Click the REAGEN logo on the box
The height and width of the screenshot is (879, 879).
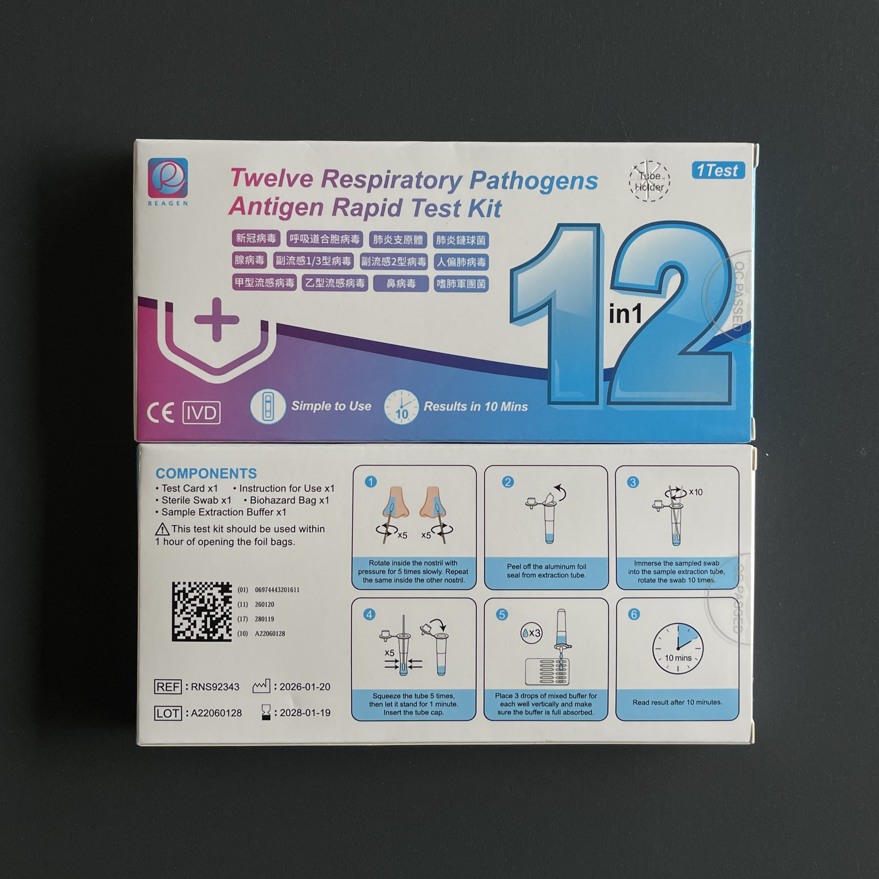(167, 182)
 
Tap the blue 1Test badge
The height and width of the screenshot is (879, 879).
(718, 170)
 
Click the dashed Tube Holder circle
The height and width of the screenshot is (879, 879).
(649, 181)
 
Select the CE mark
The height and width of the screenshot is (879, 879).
(161, 413)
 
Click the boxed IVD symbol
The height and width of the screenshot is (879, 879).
(202, 413)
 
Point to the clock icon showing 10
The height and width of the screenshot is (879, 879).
(401, 407)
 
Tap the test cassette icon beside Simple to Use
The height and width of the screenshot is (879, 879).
(268, 407)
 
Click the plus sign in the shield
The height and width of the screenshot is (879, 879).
(217, 319)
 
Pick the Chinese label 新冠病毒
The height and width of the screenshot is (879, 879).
(256, 238)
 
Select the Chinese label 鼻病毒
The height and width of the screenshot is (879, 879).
(401, 283)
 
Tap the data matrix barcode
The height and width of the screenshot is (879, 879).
(202, 612)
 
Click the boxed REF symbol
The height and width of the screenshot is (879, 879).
(168, 687)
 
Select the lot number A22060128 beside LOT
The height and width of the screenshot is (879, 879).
(216, 713)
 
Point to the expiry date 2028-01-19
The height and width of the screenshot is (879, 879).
(305, 712)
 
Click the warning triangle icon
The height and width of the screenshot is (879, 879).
(162, 529)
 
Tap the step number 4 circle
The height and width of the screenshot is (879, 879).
(369, 614)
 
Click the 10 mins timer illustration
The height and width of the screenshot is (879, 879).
(678, 648)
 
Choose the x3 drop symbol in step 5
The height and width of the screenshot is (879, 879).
(531, 633)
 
